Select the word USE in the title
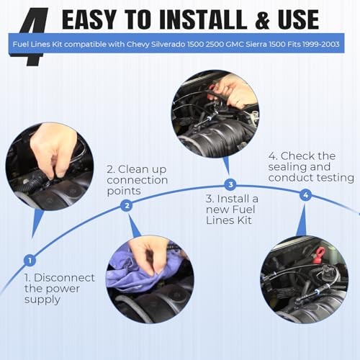point(298,19)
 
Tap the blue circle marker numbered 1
point(30,261)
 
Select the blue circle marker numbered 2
point(127,205)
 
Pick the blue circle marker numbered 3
point(230,184)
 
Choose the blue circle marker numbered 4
point(305,194)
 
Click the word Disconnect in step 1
point(64,278)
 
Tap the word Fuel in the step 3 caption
point(243,210)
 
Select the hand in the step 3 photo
point(234,92)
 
